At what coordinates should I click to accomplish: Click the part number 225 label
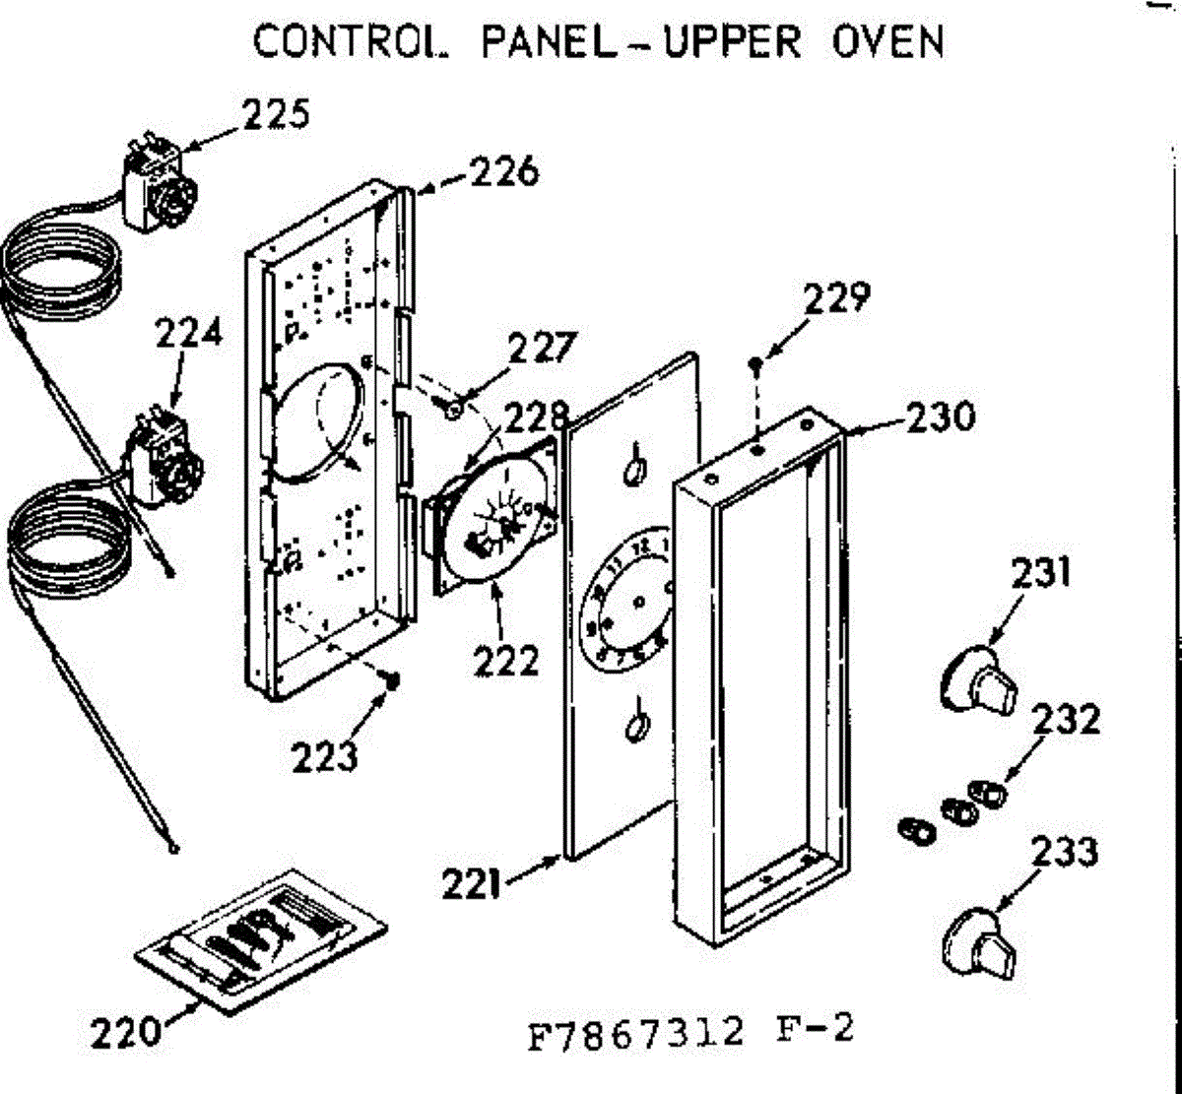point(277,115)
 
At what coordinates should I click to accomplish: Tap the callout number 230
point(940,417)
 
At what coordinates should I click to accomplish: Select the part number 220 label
point(125,1034)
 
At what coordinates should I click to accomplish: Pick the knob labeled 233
point(977,941)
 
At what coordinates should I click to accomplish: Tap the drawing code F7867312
point(635,1035)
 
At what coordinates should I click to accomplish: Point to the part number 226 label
point(503,173)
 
